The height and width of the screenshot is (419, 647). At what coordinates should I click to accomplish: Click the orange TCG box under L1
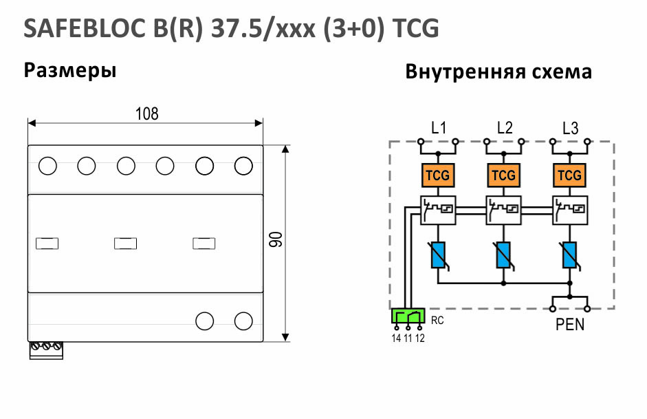click(x=438, y=175)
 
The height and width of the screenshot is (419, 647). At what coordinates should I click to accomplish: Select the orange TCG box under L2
click(x=503, y=175)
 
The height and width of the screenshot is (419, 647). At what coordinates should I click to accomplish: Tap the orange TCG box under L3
click(x=569, y=175)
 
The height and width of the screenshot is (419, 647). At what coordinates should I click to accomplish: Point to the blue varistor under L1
click(x=438, y=255)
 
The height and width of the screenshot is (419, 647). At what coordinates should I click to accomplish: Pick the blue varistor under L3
click(x=569, y=255)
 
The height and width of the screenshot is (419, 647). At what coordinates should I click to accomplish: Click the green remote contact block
click(x=408, y=316)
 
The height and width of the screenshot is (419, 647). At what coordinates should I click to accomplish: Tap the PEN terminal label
click(x=570, y=325)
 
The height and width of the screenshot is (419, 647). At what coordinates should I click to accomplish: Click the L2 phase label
click(x=504, y=128)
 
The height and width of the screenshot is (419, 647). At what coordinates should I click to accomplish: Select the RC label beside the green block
click(x=437, y=321)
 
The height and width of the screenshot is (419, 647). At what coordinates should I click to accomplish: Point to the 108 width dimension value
click(x=147, y=114)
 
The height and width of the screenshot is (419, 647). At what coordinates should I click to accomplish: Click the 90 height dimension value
click(x=276, y=239)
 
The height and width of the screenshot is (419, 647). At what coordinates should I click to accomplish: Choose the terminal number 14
click(x=396, y=339)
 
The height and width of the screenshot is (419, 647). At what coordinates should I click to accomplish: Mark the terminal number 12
click(x=420, y=339)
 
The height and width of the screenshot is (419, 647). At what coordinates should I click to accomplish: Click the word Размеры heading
click(x=70, y=70)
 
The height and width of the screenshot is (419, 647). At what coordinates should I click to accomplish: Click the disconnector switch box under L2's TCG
click(x=503, y=210)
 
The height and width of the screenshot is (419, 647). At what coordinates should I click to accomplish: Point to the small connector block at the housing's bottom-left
click(x=46, y=350)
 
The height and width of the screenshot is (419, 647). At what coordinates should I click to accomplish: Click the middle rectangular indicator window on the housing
click(x=125, y=244)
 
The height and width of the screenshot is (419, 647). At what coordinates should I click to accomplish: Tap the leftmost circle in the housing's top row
click(x=47, y=166)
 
